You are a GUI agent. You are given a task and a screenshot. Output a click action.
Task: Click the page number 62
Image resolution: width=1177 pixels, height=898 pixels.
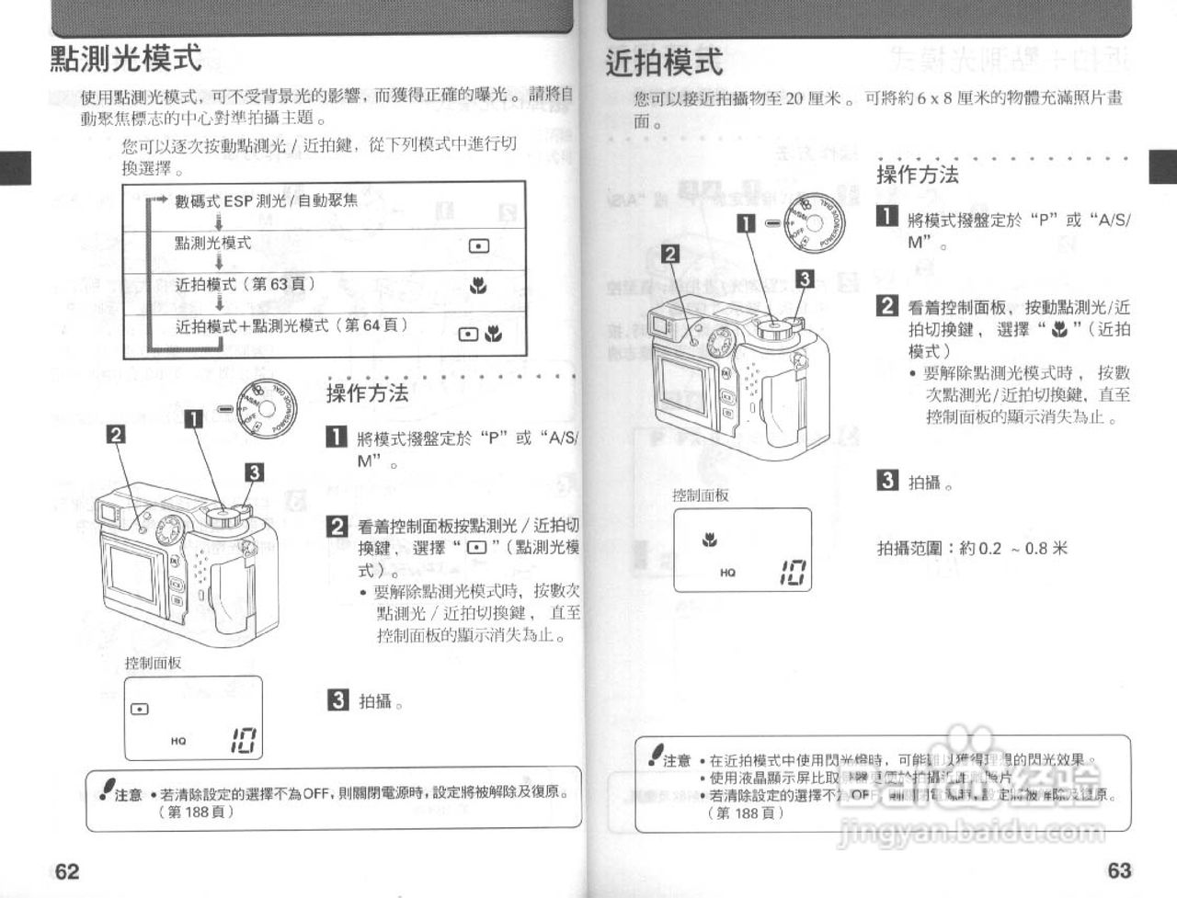point(67,870)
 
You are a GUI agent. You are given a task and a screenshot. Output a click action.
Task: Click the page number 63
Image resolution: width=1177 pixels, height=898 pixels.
point(1119,870)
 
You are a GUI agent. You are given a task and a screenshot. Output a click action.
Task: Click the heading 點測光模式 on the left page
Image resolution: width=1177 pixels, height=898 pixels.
point(125,59)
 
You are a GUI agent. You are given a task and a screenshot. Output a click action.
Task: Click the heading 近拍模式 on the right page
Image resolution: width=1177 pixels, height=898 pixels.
point(664,63)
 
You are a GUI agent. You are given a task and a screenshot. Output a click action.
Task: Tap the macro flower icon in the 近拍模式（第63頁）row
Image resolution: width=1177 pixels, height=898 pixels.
point(477,287)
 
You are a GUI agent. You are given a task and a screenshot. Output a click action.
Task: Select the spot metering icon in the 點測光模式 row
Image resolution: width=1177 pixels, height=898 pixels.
point(478,245)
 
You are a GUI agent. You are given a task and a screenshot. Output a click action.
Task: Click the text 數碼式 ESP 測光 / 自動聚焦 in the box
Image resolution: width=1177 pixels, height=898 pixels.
point(267,200)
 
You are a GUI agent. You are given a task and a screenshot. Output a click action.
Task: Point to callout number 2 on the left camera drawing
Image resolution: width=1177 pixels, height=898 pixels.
point(116,434)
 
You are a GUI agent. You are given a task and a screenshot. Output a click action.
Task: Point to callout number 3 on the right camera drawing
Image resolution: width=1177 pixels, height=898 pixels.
point(804,279)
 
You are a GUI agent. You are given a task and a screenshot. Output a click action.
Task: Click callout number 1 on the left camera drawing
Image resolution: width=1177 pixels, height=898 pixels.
point(194,419)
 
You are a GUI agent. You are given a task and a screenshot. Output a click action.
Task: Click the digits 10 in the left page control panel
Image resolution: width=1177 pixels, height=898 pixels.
point(244,740)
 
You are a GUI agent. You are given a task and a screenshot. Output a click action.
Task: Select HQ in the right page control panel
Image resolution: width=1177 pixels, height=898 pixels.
point(727,572)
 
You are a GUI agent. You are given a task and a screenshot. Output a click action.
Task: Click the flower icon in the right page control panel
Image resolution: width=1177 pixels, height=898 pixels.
point(709,540)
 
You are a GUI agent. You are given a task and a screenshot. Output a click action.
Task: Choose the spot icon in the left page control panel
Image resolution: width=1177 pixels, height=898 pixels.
point(139,709)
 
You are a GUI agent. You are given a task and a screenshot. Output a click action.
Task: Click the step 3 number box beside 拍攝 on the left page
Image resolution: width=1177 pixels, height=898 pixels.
point(337,700)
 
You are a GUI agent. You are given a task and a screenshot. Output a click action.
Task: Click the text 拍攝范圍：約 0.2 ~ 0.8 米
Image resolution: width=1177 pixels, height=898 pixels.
point(971,548)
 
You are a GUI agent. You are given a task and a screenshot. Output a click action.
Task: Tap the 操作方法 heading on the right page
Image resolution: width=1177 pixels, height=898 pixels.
point(917,175)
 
